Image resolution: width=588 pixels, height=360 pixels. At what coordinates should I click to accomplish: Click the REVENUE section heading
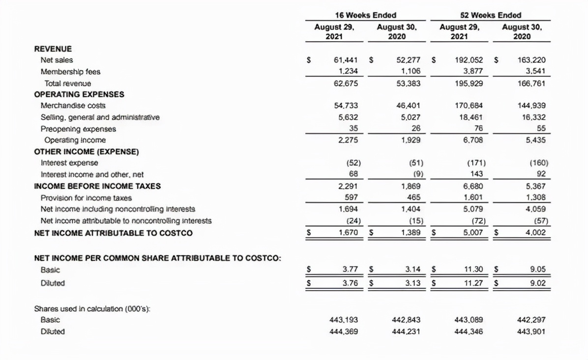pos(53,49)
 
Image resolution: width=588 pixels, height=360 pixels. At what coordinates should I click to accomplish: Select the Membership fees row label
pos(70,72)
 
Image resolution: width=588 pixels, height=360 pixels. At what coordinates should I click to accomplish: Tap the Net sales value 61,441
pos(345,60)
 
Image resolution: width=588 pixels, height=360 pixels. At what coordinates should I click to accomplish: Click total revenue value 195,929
pos(470,84)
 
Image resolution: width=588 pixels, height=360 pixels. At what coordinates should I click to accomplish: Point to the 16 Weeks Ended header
pos(365,15)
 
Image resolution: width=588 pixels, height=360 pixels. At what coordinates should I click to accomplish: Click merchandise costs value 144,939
pos(532,106)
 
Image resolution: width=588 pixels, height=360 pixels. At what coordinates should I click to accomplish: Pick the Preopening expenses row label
pos(78,129)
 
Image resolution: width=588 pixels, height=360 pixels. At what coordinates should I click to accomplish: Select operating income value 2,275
pos(348,140)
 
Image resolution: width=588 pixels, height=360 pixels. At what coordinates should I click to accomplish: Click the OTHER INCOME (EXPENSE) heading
pos(86,151)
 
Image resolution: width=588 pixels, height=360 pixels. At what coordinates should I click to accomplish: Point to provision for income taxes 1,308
pos(534,198)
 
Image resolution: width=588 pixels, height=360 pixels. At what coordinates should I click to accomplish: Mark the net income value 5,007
pos(473,232)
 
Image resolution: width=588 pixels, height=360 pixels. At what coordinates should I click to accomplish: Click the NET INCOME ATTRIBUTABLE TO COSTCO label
pos(113,233)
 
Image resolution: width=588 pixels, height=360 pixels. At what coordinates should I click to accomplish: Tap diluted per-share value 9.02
pos(537,283)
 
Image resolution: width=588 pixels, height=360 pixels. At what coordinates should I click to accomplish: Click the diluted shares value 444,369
pos(343,331)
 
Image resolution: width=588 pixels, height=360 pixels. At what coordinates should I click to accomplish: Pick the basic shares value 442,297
pos(532,320)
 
